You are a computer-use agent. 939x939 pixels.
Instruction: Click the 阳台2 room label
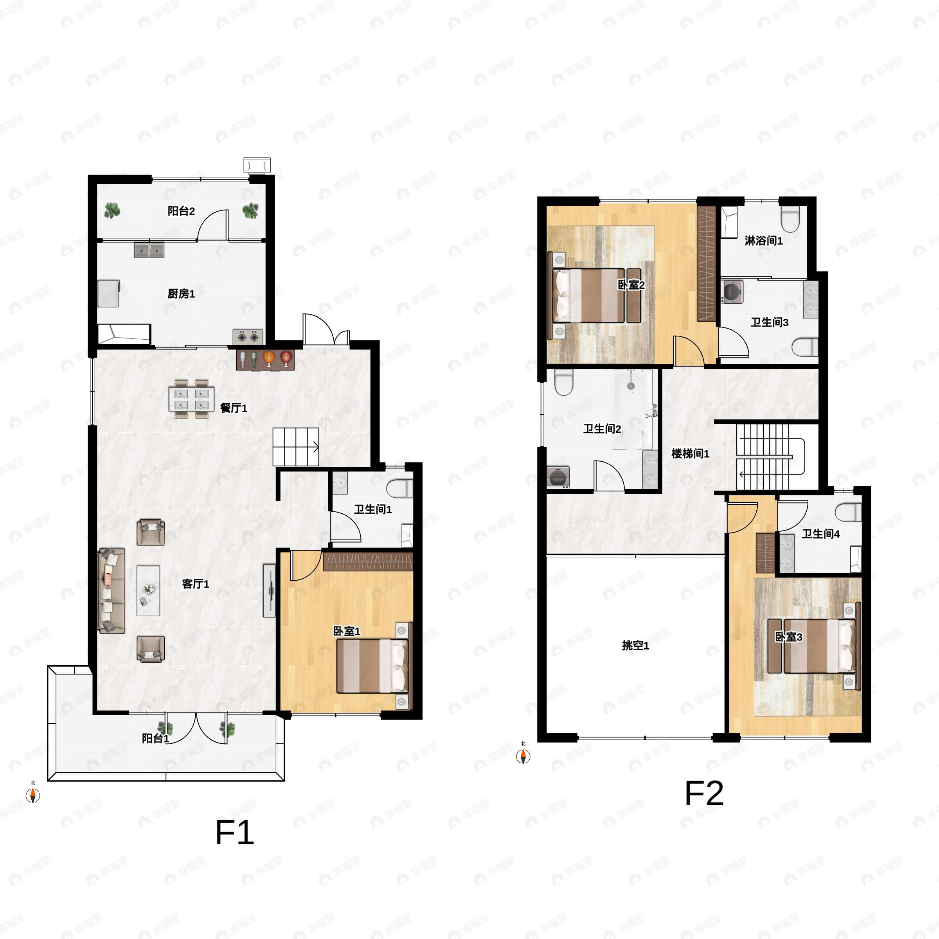[181, 211]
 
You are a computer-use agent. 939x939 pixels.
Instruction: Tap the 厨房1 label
[181, 293]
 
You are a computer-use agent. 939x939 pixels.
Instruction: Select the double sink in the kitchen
[149, 250]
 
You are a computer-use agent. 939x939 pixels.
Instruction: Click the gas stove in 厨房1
[248, 336]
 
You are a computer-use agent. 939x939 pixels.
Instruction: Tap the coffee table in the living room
[148, 590]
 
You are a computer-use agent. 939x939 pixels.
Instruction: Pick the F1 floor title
[235, 833]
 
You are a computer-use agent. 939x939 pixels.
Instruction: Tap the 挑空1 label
[636, 646]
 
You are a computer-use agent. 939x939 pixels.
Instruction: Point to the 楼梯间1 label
[691, 454]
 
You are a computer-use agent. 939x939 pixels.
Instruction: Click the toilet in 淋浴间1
[790, 219]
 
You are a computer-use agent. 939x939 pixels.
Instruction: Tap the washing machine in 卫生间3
[732, 291]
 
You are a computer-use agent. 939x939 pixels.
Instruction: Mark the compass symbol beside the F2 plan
[523, 756]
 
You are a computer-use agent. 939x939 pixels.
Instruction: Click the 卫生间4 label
[821, 534]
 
